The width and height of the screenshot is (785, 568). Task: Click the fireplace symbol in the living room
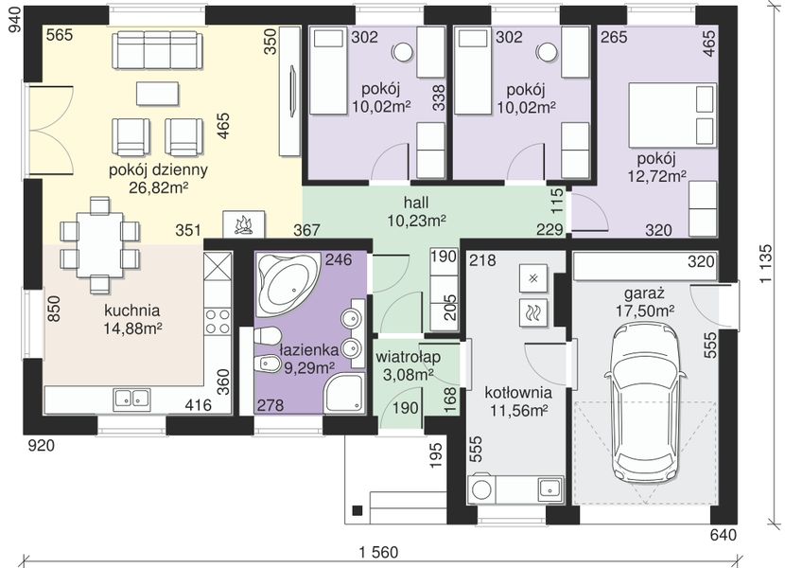[243, 223]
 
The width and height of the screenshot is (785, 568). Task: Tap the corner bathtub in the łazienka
[288, 283]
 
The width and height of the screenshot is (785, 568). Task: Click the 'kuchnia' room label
[132, 311]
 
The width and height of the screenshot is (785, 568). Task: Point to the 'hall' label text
[416, 203]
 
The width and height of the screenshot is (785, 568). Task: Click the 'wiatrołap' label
[408, 357]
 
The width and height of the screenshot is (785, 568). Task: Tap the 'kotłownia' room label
[518, 393]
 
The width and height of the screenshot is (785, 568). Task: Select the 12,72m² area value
[657, 176]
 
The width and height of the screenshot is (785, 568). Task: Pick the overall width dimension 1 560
[379, 553]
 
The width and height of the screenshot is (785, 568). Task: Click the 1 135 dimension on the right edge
[766, 265]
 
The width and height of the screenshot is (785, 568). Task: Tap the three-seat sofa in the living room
[158, 50]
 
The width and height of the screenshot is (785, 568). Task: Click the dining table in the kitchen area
[100, 244]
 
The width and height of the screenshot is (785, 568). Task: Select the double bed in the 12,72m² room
[672, 115]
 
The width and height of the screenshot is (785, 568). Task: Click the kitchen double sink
[132, 399]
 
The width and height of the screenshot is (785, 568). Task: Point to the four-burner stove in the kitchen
[218, 321]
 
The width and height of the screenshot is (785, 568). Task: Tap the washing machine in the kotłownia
[481, 489]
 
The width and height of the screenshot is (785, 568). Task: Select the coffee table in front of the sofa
[158, 94]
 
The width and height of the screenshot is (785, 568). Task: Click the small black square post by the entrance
[358, 510]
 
